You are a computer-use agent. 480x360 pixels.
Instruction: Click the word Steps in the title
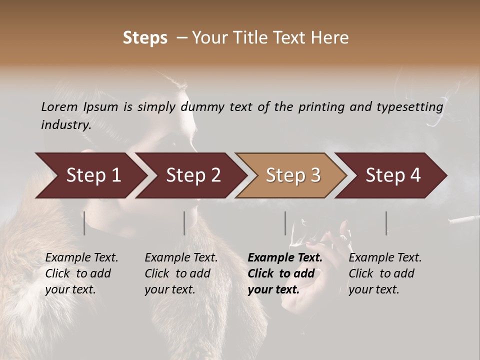click(145, 38)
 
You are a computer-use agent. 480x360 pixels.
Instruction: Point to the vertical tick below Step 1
click(84, 223)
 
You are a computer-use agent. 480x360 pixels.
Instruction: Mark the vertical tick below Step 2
click(184, 223)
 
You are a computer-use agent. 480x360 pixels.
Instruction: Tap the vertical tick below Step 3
click(285, 223)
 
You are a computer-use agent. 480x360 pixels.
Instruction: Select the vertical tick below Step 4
click(386, 223)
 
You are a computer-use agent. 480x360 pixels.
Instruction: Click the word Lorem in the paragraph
click(59, 107)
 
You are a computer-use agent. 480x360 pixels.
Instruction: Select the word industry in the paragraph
click(65, 125)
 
